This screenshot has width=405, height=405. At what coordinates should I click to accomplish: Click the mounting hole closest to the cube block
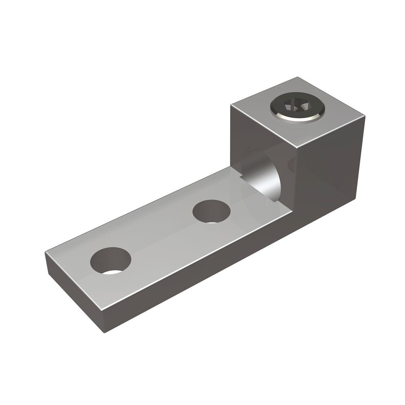[212, 212]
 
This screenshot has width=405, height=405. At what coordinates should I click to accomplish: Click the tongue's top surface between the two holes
[162, 236]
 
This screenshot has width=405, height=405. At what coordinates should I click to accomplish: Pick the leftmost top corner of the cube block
[231, 105]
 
